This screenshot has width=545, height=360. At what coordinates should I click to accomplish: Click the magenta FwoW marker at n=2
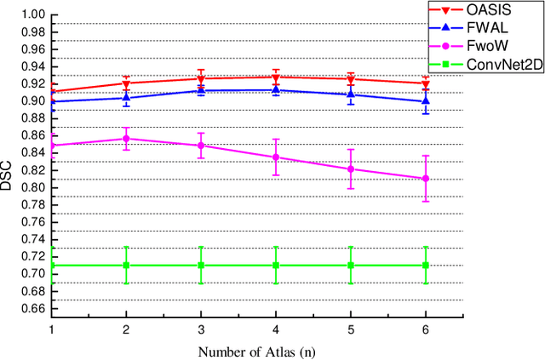pos(127,139)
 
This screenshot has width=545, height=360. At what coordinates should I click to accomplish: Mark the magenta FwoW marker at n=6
pos(426,179)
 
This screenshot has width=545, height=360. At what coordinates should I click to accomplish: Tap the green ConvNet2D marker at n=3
pos(201,266)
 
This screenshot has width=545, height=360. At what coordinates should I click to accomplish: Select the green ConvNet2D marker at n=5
pos(351,266)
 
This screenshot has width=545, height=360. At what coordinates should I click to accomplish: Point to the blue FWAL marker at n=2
pos(127,97)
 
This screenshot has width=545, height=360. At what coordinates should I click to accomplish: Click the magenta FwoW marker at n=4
pos(276,157)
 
